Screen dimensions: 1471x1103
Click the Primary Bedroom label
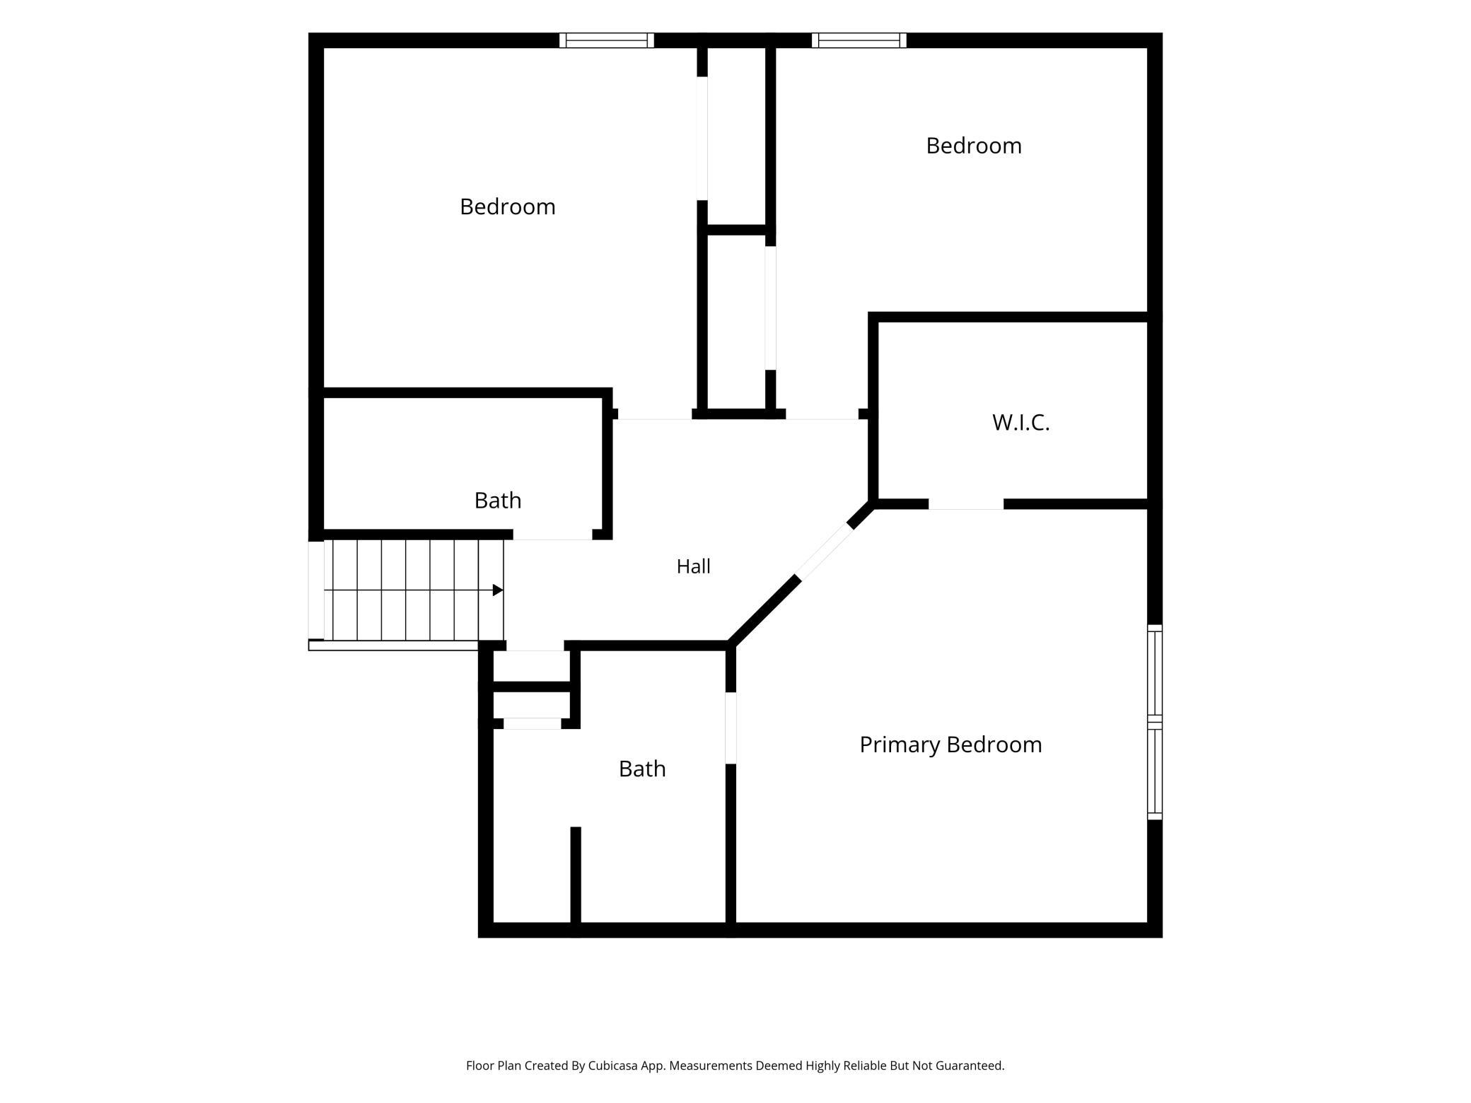coord(950,745)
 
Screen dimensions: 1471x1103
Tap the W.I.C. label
coord(1021,422)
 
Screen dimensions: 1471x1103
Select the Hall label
coord(693,566)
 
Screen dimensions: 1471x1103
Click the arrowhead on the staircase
coord(498,590)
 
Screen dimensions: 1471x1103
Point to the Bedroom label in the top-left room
coord(507,206)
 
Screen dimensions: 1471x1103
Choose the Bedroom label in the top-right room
coord(974,146)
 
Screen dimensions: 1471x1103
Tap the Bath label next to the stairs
coord(498,501)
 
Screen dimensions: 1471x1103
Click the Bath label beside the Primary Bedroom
coord(642,769)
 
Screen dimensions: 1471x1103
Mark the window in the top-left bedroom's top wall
coord(607,40)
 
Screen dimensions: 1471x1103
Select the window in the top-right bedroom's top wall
coord(859,40)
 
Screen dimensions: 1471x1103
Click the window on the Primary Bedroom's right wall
coord(1154,722)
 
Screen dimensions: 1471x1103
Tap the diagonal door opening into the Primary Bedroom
coord(823,551)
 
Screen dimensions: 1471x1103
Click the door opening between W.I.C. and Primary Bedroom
coord(966,504)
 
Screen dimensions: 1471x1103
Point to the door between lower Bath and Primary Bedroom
coord(731,728)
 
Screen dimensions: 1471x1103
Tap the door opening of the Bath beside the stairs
coord(552,535)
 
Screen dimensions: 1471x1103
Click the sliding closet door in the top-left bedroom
coord(702,138)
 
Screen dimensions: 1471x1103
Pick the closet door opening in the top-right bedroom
coord(771,308)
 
